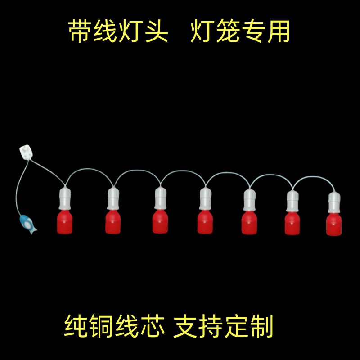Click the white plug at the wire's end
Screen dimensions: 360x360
point(26,152)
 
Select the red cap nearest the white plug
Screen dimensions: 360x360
point(65,222)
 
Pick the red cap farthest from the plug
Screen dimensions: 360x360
point(334,225)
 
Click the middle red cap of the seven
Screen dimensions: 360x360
point(205,222)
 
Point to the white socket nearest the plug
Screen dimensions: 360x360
point(65,198)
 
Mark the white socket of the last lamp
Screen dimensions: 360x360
point(334,202)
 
